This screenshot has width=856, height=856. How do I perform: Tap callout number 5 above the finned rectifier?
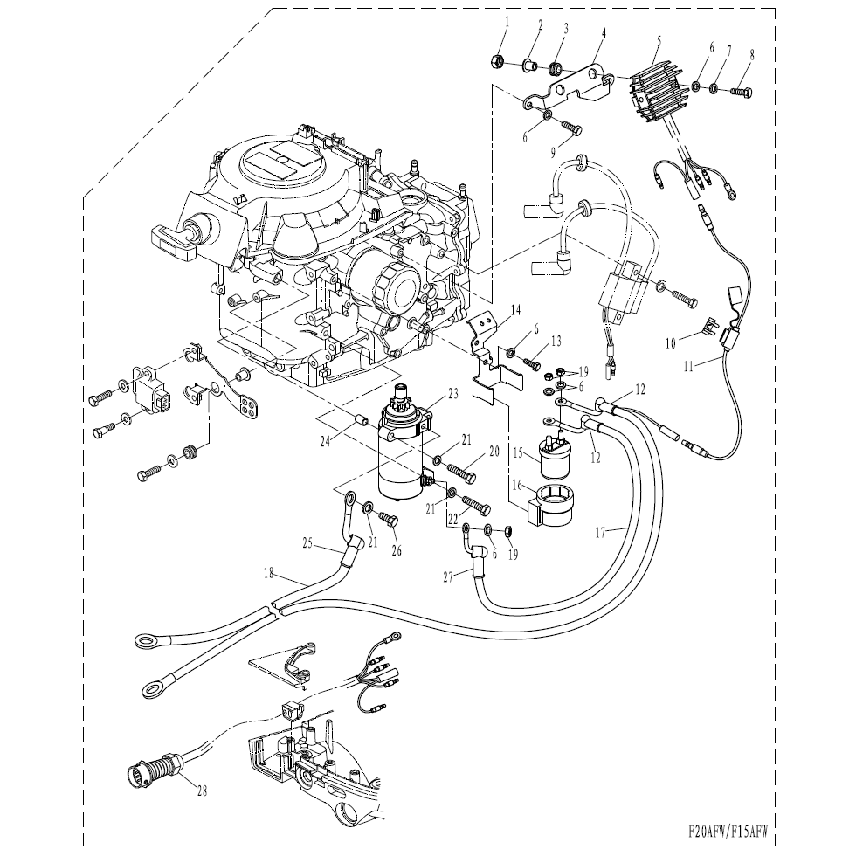point(658,39)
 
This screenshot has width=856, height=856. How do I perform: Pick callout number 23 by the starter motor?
point(452,394)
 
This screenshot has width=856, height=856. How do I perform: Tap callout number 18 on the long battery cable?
point(268,573)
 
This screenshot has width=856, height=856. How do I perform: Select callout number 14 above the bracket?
point(515,310)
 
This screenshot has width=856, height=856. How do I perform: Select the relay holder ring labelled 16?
point(551,506)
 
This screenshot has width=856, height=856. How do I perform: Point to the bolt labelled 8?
point(740,87)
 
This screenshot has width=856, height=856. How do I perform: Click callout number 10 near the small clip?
point(670,343)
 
